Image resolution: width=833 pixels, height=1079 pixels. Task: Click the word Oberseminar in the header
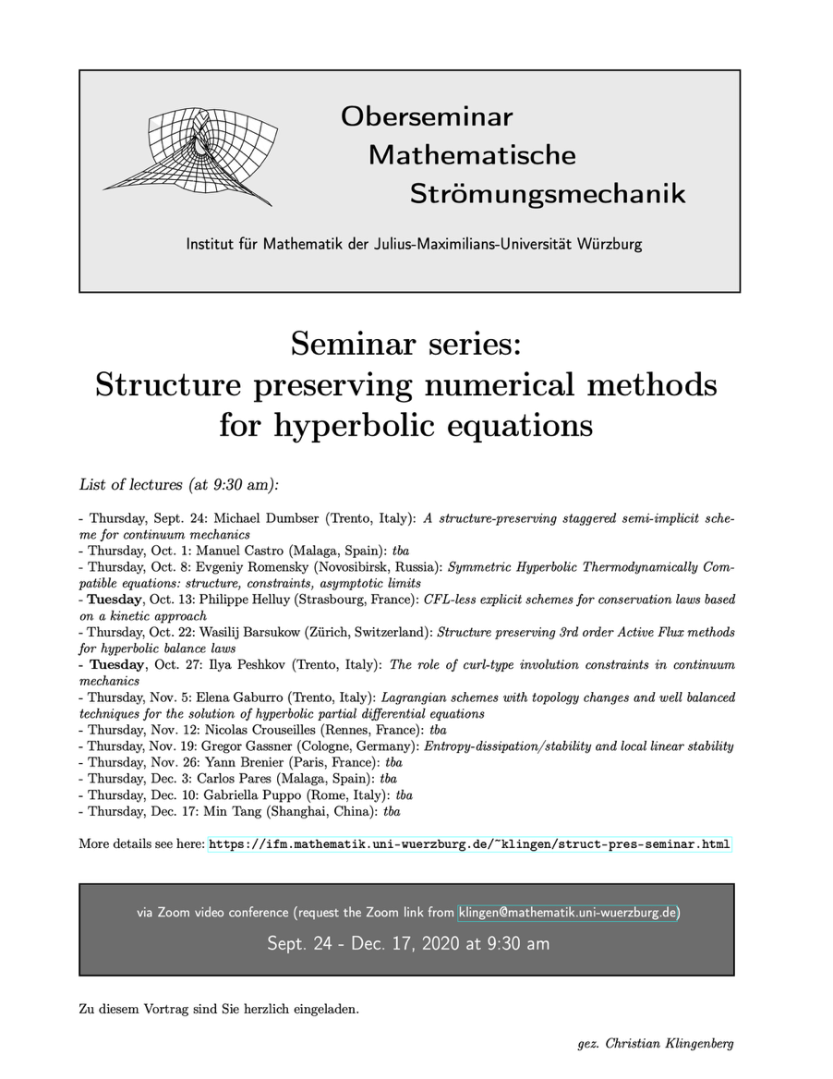pyautogui.click(x=426, y=117)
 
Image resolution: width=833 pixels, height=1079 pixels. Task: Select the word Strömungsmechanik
pyautogui.click(x=548, y=194)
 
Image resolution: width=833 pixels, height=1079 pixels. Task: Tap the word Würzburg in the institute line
pyautogui.click(x=610, y=245)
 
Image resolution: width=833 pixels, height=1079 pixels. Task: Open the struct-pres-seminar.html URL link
pyautogui.click(x=470, y=843)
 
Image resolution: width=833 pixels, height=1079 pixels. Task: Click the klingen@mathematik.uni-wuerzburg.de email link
pyautogui.click(x=568, y=913)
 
